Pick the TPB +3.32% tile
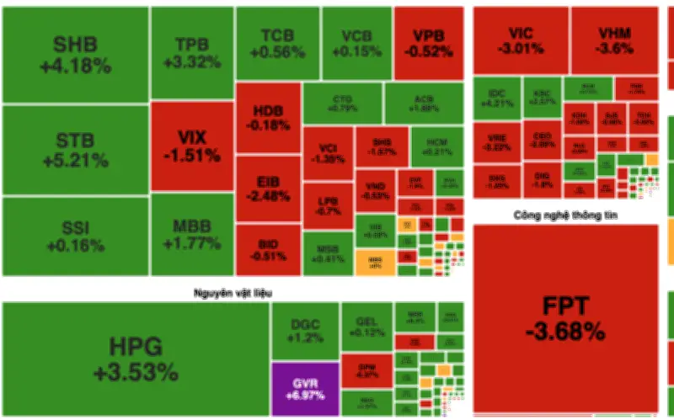pos(191,52)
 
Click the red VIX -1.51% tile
pos(191,145)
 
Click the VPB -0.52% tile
pos(428,42)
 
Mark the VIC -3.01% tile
pos(519,40)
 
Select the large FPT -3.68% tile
pos(564,318)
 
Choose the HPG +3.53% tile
pos(135,359)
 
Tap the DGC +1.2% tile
pos(303,331)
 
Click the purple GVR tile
pos(303,389)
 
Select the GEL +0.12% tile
pos(365,327)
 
